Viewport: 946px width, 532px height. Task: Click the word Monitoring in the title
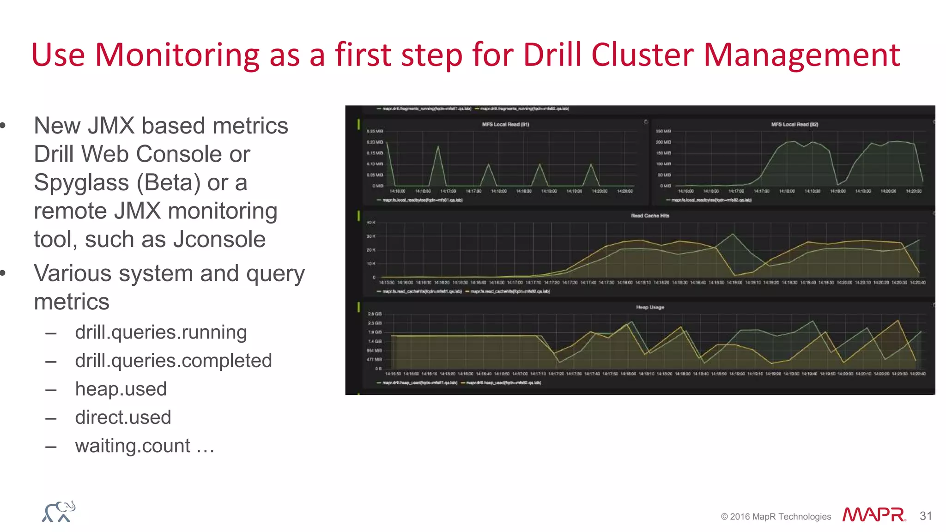[x=177, y=55]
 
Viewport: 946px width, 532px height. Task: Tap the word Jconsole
[x=219, y=240]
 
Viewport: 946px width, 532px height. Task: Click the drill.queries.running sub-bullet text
[x=161, y=332]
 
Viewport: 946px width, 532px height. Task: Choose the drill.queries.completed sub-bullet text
[x=173, y=361]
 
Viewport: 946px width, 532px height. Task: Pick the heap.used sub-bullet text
[x=121, y=389]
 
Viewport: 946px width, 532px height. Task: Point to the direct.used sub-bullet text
[x=123, y=417]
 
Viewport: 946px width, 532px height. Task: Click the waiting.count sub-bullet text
[x=133, y=446]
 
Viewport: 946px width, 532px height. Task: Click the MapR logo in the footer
[x=873, y=515]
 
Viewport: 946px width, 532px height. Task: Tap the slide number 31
[x=926, y=516]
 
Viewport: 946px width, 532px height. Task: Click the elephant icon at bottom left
[x=59, y=512]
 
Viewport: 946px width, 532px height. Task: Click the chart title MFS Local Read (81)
[x=505, y=124]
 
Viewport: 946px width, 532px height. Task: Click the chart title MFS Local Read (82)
[x=794, y=124]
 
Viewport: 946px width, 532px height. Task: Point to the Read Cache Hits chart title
[x=650, y=216]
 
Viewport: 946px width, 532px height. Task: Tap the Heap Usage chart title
[x=650, y=307]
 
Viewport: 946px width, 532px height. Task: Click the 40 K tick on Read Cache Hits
[x=371, y=223]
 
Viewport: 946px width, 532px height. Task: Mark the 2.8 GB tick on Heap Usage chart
[x=375, y=314]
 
